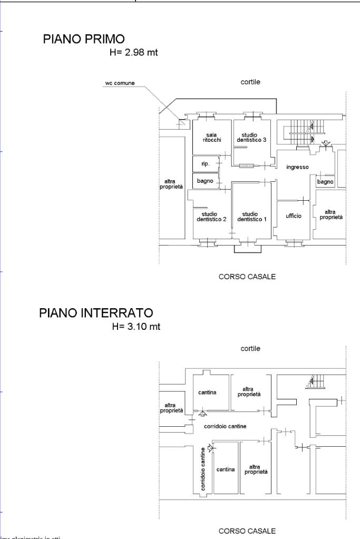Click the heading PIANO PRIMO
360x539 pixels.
[x=84, y=39]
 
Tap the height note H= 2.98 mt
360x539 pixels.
[x=132, y=53]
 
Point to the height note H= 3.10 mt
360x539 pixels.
[x=136, y=327]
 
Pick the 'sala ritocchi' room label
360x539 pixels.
[x=211, y=138]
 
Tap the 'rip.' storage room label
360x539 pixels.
[x=206, y=164]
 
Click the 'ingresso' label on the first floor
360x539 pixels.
[x=297, y=167]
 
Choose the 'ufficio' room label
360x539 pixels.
[x=294, y=216]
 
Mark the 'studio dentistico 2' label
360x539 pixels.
[x=212, y=217]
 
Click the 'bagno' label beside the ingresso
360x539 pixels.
[x=325, y=182]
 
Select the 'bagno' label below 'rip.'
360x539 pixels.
[x=205, y=181]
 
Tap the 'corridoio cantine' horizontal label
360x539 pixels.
[x=226, y=426]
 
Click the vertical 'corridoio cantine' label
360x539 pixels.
[x=203, y=469]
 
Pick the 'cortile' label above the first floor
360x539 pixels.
[x=250, y=82]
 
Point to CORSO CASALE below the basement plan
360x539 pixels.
[x=247, y=531]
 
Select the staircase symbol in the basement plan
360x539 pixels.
[x=316, y=382]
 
